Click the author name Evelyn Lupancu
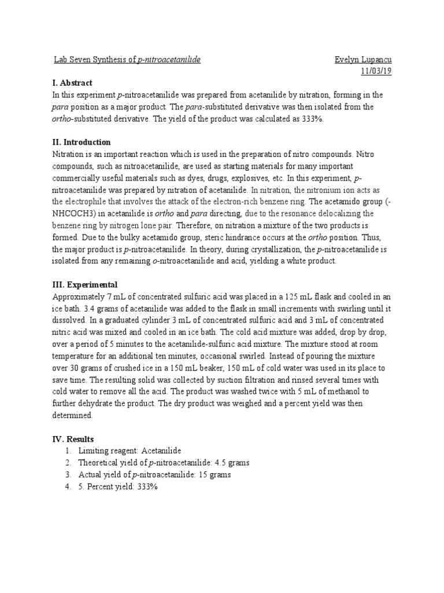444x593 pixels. (363, 60)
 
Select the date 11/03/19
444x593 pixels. (376, 71)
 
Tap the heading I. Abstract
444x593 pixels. (72, 83)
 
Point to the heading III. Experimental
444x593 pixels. (84, 284)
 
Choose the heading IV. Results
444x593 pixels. (73, 439)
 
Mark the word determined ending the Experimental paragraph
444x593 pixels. (72, 415)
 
